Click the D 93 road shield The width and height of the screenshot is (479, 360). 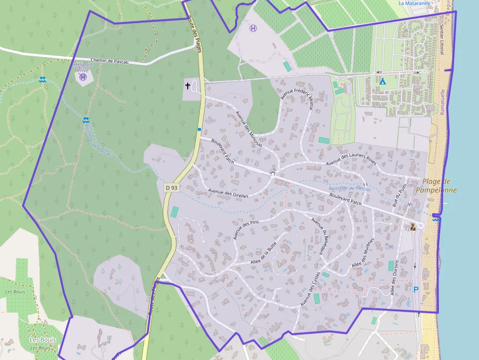171,187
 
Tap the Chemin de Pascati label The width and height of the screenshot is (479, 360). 109,61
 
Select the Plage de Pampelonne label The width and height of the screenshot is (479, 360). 436,186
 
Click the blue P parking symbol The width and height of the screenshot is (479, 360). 416,290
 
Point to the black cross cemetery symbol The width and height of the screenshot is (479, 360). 188,86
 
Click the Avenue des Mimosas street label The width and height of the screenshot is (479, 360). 249,129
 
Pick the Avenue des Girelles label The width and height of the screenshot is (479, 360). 228,193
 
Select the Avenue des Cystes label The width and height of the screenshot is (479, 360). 310,289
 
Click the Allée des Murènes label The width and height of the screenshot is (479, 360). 363,253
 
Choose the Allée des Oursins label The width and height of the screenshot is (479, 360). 393,277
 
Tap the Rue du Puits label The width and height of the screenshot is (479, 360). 399,197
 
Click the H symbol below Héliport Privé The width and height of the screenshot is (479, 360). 83,77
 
